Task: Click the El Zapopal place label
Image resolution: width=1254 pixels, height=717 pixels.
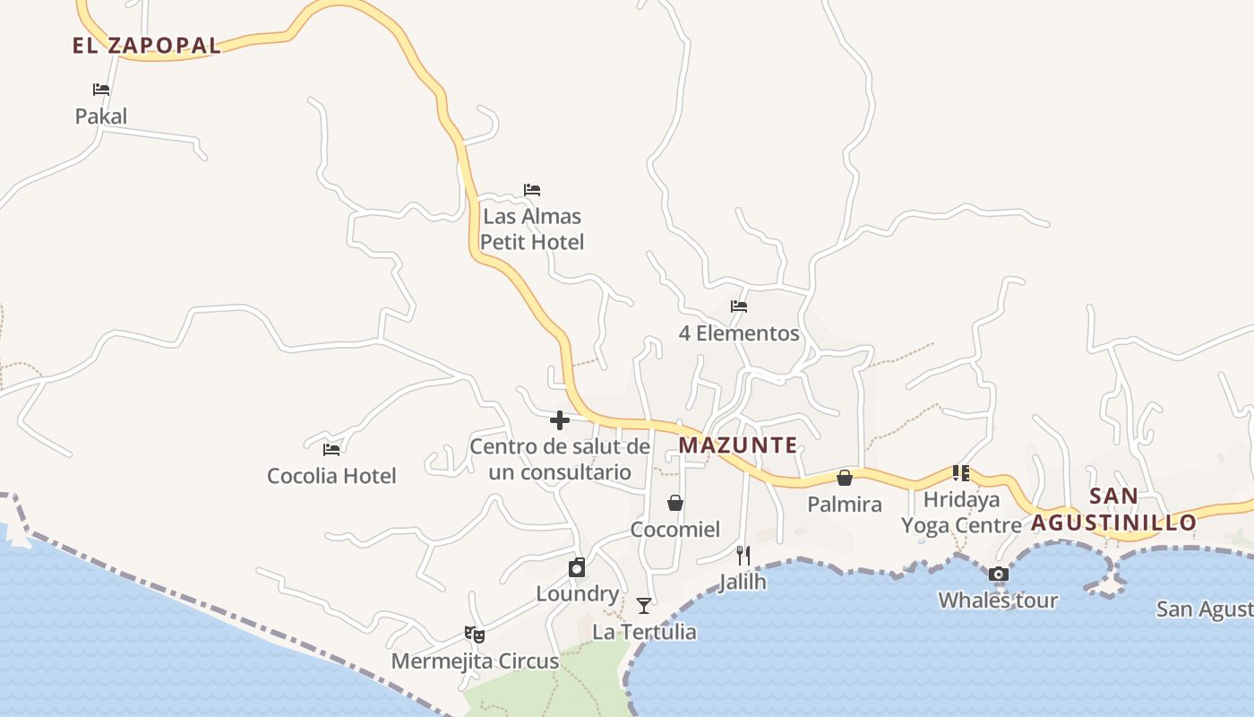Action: (x=147, y=46)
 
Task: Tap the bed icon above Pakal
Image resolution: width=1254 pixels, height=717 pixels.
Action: (x=101, y=90)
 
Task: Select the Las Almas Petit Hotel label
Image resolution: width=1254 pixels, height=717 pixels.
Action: (x=532, y=229)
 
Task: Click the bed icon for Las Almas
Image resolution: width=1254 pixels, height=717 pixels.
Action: (x=532, y=190)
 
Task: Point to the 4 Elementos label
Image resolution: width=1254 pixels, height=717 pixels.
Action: (x=739, y=333)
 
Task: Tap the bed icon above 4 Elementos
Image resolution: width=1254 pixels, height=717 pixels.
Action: (x=739, y=307)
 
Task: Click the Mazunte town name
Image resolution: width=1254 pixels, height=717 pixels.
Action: (x=738, y=445)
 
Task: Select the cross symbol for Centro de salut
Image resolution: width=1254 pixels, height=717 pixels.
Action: (x=560, y=420)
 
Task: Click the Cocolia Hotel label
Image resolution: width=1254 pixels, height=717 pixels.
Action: (x=331, y=476)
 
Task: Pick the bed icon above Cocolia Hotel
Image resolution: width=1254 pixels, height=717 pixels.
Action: (x=331, y=449)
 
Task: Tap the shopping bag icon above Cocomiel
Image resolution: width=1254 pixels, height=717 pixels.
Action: (x=675, y=503)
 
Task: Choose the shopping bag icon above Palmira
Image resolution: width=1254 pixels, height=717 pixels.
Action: (x=845, y=478)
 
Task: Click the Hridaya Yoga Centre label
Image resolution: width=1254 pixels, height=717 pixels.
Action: (x=961, y=513)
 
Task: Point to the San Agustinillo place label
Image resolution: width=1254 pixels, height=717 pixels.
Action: (x=1113, y=509)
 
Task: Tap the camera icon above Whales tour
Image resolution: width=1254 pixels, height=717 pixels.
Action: (x=999, y=574)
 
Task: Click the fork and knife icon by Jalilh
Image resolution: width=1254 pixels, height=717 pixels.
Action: (x=743, y=555)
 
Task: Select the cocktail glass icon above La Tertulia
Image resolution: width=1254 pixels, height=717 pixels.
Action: (x=644, y=606)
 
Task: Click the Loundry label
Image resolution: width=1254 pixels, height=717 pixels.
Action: (x=578, y=593)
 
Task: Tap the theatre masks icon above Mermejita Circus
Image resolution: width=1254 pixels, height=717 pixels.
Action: (x=475, y=635)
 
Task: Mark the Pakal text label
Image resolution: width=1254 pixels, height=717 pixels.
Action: (x=101, y=117)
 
